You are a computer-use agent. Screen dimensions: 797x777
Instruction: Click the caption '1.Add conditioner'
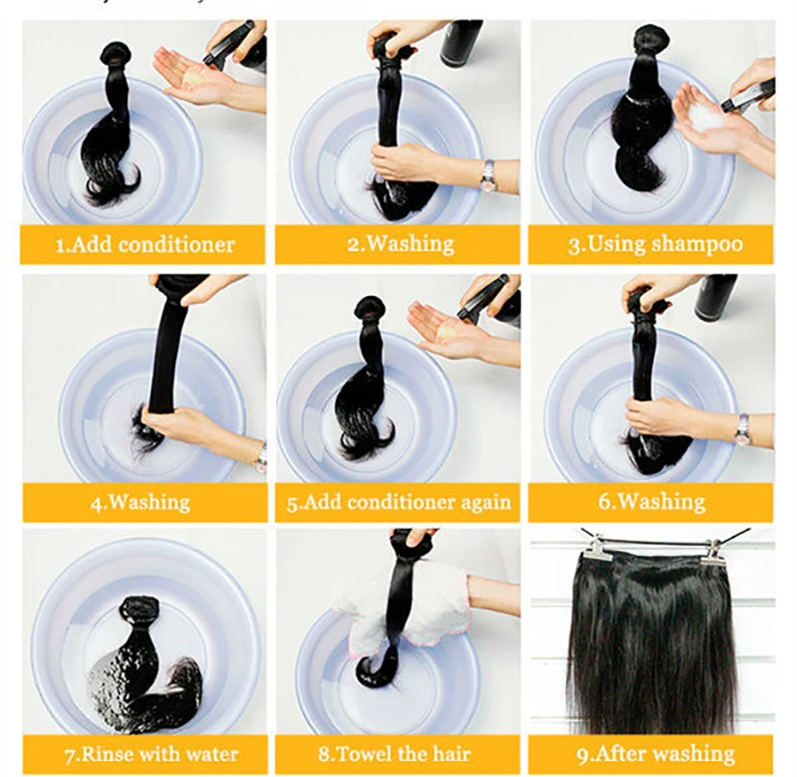click(144, 245)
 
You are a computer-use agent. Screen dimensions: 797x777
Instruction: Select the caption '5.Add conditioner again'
click(399, 503)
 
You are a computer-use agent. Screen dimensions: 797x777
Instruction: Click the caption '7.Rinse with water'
click(151, 755)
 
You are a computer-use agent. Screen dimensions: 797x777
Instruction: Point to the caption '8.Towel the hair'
click(395, 754)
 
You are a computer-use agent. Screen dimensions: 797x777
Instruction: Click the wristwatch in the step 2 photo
click(489, 175)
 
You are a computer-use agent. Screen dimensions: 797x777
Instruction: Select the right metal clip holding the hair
click(714, 552)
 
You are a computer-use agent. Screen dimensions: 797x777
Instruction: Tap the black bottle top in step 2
click(461, 43)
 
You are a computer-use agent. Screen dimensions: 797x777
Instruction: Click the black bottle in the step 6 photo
click(715, 297)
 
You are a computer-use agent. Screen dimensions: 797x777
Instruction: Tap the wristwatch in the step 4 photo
click(261, 457)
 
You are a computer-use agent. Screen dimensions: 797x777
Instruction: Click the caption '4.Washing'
click(140, 503)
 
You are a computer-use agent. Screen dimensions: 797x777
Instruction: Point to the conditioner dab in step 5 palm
click(447, 333)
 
